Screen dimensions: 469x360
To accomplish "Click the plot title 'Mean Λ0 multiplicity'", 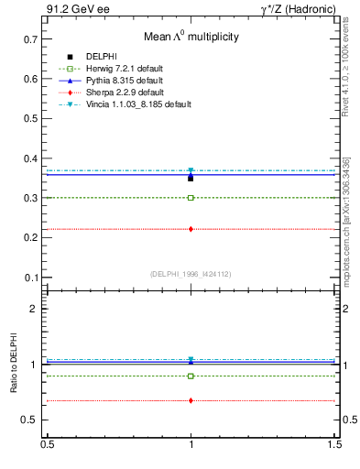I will tap(191, 38).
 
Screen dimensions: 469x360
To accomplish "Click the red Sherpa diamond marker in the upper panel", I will tap(191, 229).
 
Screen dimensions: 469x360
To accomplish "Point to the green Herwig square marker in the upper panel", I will tap(191, 198).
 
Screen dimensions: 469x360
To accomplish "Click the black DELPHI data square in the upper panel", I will tap(191, 178).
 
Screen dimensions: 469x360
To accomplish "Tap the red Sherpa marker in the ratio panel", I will tap(191, 400).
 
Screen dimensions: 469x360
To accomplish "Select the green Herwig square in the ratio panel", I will tap(191, 376).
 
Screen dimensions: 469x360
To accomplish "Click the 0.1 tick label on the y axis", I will tap(30, 278).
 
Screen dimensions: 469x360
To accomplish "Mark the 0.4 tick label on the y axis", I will tap(30, 158).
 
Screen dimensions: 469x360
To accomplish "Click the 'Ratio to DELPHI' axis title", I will tap(13, 369).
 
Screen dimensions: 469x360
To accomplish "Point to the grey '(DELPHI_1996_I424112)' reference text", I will tap(190, 273).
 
